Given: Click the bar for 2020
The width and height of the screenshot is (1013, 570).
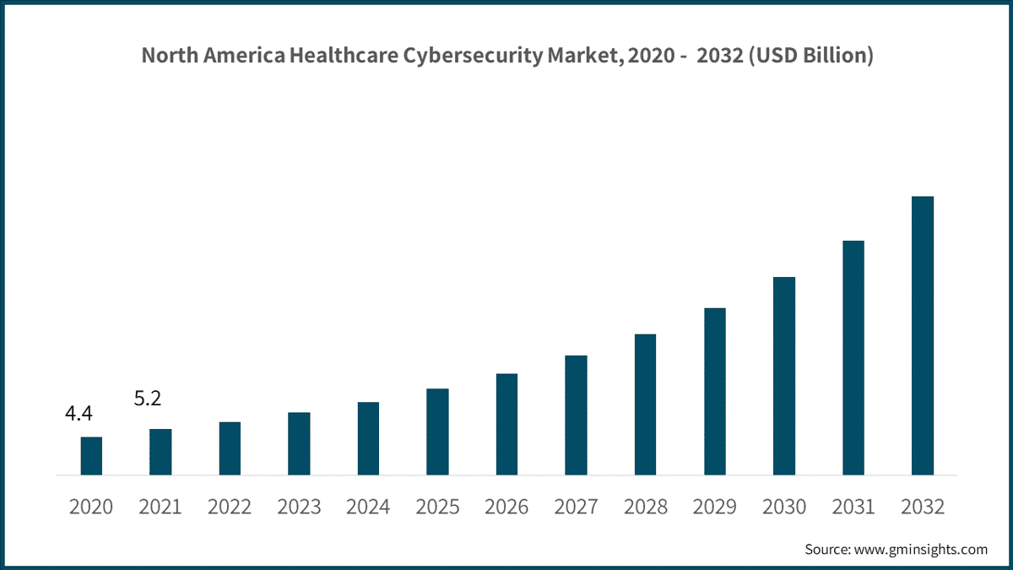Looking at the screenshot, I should pos(91,456).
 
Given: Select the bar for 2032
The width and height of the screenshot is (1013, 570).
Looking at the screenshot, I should pos(922,335).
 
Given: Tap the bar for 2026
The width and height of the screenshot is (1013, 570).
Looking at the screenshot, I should pos(506,424).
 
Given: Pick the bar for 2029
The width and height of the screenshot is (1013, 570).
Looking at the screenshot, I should pos(714,391).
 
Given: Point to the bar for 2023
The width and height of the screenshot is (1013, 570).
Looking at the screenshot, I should pos(299,443).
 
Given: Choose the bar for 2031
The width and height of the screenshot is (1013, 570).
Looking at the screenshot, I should pos(853,358).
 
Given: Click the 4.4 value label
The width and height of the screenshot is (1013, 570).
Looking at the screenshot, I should pos(79,414).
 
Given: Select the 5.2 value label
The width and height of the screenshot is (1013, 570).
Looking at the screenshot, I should pos(148,398).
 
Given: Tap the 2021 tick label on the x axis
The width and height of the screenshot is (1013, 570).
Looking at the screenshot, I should pos(160,507).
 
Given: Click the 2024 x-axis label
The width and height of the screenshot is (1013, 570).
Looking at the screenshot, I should pos(368,507).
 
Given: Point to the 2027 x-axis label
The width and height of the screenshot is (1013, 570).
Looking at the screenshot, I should pos(576,507).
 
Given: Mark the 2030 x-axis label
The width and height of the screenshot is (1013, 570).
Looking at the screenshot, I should pos(783,507).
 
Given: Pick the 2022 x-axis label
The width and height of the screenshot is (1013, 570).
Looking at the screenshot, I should pos(230,507).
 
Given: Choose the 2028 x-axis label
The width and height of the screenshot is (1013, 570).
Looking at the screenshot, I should pos(645,507).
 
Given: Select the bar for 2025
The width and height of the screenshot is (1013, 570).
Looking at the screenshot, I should pos(437,432).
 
